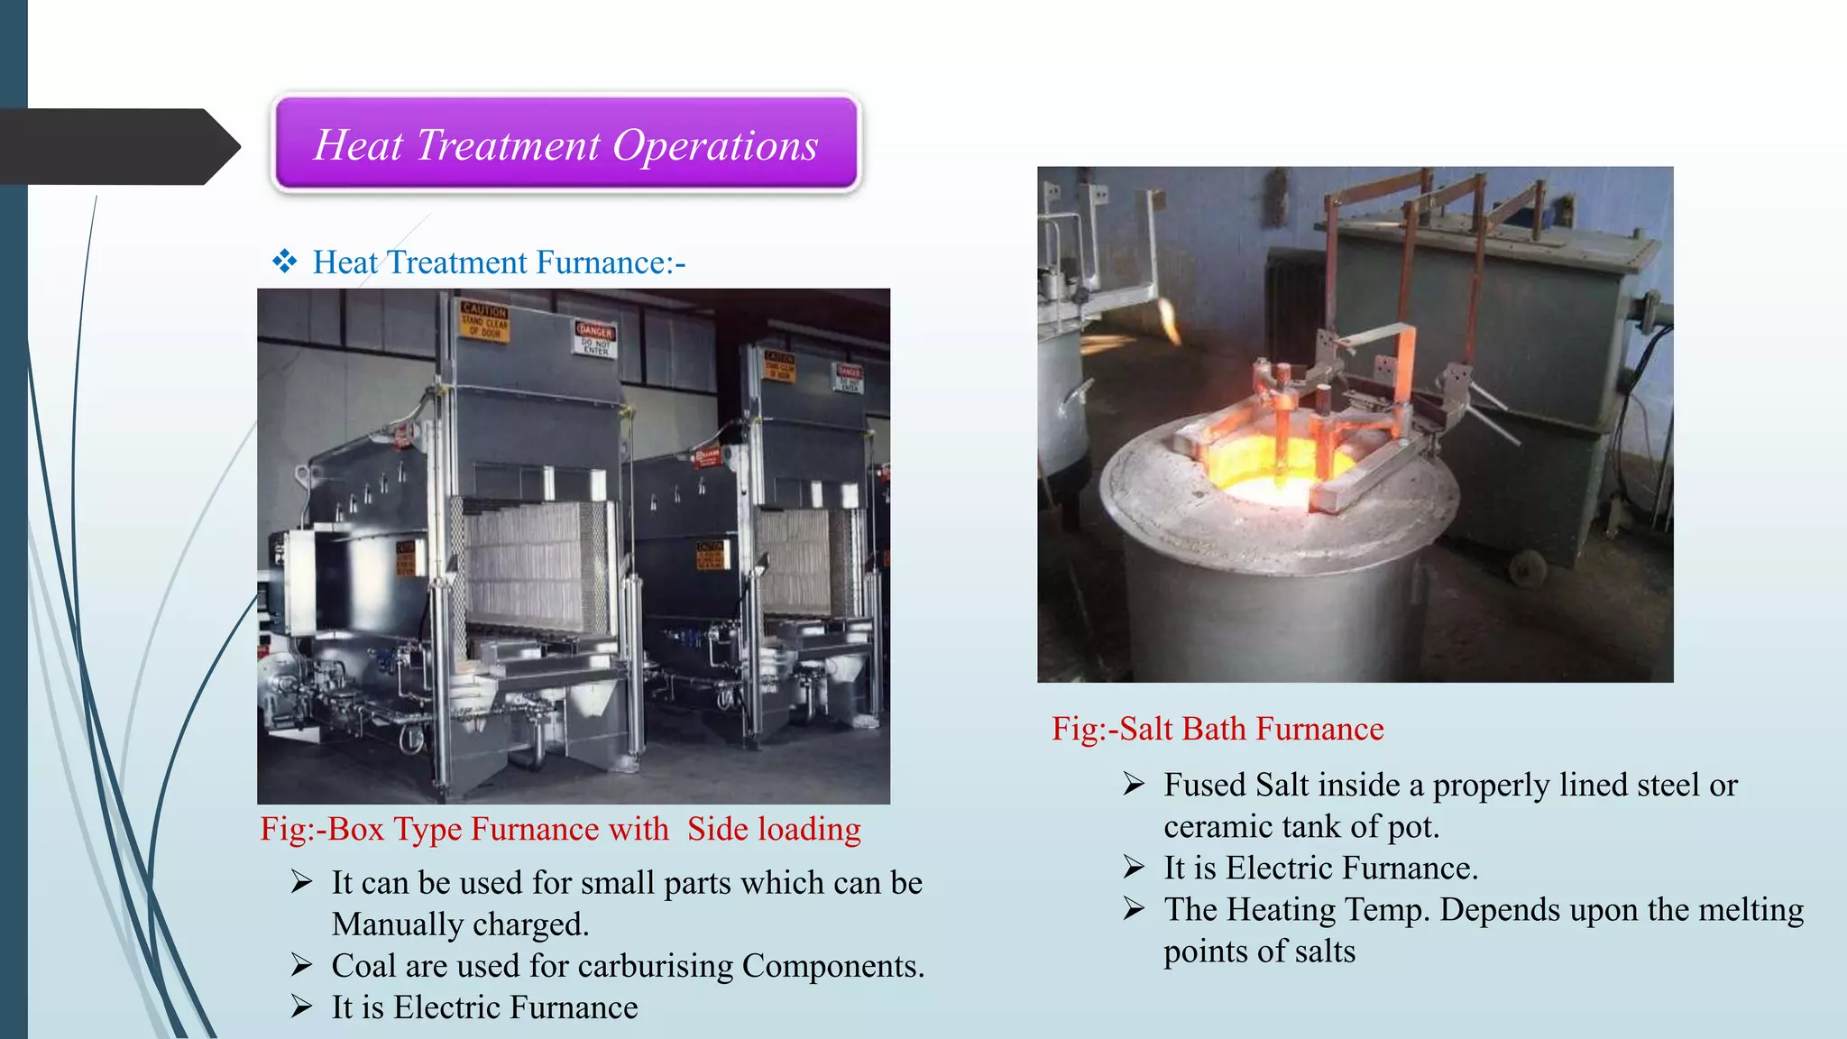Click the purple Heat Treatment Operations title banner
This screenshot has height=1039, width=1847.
(x=566, y=143)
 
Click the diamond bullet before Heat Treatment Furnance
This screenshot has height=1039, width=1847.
(x=285, y=262)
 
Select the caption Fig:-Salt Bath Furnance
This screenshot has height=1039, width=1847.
(x=1218, y=729)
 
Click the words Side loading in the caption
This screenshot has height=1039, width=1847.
(x=774, y=829)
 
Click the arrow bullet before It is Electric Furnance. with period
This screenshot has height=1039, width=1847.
(x=1135, y=868)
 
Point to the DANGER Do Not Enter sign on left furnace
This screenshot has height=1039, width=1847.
(x=595, y=338)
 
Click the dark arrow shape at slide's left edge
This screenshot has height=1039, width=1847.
(x=117, y=146)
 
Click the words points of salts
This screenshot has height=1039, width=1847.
(x=1259, y=952)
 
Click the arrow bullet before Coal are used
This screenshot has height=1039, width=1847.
(x=302, y=966)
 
